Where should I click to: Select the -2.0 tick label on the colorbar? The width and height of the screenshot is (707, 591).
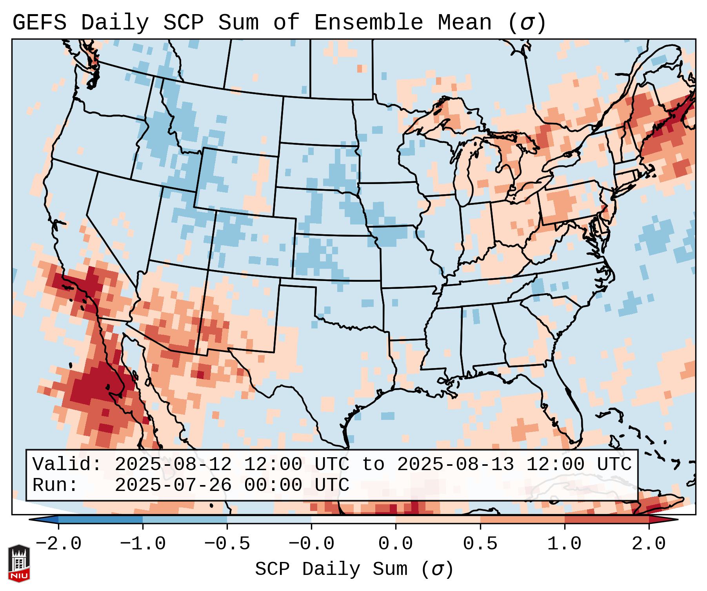pyautogui.click(x=58, y=544)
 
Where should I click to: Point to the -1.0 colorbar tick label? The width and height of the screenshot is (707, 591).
pyautogui.click(x=142, y=544)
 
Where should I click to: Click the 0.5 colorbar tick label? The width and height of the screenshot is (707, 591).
pyautogui.click(x=480, y=544)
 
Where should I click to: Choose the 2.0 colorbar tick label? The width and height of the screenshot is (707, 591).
pyautogui.click(x=649, y=544)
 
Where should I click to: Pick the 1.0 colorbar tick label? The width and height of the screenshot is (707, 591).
pyautogui.click(x=565, y=544)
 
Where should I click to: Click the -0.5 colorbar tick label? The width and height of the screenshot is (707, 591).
pyautogui.click(x=227, y=544)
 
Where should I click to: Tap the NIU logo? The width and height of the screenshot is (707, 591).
pyautogui.click(x=19, y=563)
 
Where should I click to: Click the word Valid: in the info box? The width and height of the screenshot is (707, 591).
pyautogui.click(x=67, y=465)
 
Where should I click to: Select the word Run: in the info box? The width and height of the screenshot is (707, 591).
pyautogui.click(x=55, y=485)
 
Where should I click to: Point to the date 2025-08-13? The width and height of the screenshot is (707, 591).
pyautogui.click(x=455, y=465)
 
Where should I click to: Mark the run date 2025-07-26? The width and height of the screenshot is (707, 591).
pyautogui.click(x=173, y=485)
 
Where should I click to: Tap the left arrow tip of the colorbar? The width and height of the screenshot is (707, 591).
pyautogui.click(x=31, y=520)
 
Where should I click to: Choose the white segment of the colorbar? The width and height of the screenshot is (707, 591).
pyautogui.click(x=353, y=520)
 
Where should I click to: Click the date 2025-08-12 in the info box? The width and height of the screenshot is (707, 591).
pyautogui.click(x=173, y=465)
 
